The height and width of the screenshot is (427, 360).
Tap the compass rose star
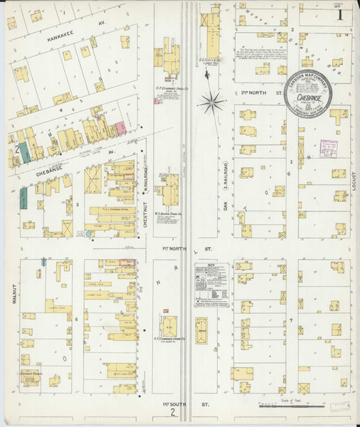click(212, 105)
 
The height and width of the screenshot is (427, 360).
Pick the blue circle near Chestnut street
click(89, 233)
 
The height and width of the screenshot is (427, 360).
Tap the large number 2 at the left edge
click(15, 150)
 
